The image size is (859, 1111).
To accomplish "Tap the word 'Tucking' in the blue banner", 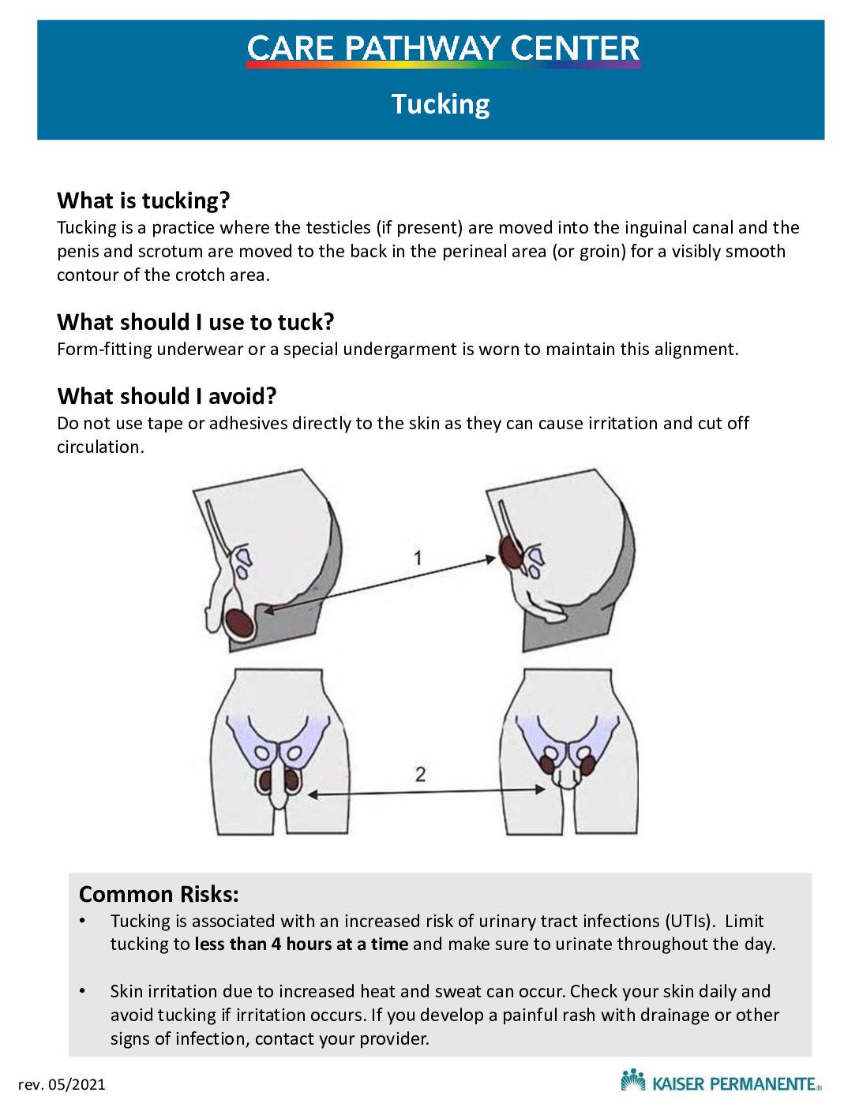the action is (441, 105).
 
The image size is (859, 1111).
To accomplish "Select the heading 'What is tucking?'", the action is (143, 200).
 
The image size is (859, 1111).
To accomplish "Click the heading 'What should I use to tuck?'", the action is (196, 322).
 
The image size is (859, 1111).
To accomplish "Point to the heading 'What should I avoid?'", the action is (167, 396).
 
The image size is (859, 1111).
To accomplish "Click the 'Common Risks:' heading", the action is (159, 894).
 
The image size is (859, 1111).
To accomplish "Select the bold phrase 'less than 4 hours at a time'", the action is (302, 944).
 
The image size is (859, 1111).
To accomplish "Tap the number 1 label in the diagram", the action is (418, 558).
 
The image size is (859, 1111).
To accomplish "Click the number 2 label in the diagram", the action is (420, 775).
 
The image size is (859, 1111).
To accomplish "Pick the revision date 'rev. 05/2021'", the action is (62, 1085).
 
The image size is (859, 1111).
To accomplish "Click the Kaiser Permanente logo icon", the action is (633, 1079).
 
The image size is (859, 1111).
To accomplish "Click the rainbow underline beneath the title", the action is (443, 65).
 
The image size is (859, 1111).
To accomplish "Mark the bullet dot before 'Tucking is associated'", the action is (82, 922).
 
